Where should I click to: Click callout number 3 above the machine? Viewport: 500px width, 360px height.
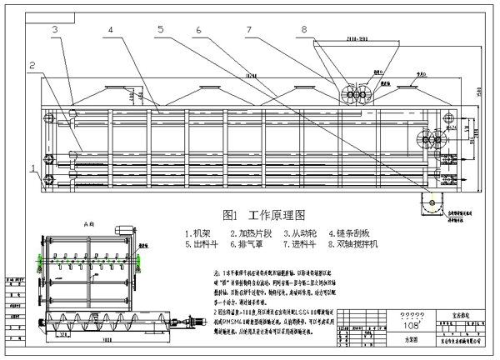pyautogui.click(x=54, y=30)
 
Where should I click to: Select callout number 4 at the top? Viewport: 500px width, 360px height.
pyautogui.click(x=109, y=30)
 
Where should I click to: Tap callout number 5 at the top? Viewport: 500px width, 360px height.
pyautogui.click(x=159, y=30)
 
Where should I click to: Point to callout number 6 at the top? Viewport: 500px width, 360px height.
pyautogui.click(x=198, y=30)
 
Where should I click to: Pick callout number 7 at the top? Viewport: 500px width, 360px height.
pyautogui.click(x=248, y=30)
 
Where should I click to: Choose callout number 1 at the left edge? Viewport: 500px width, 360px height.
pyautogui.click(x=34, y=168)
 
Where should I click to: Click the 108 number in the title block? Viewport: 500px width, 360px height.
pyautogui.click(x=387, y=324)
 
